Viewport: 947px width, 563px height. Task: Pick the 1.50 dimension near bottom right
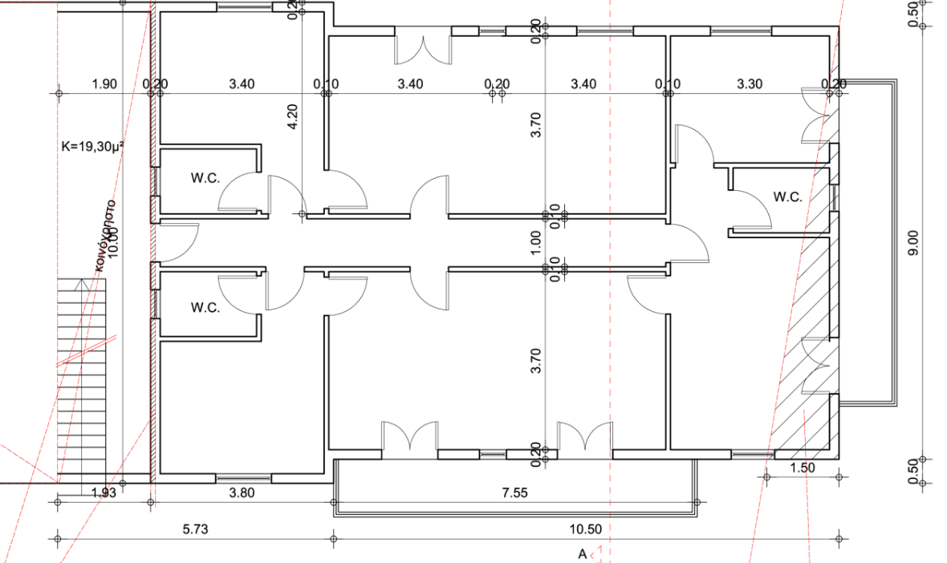tap(803, 468)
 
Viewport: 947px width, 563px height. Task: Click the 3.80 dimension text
tap(242, 493)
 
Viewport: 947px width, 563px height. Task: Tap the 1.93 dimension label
tap(104, 493)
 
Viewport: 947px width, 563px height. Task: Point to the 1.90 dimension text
tap(104, 83)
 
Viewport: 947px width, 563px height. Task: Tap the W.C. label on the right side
tap(787, 196)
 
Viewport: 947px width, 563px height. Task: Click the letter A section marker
tap(583, 553)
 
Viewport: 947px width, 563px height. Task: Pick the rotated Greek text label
tap(103, 233)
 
